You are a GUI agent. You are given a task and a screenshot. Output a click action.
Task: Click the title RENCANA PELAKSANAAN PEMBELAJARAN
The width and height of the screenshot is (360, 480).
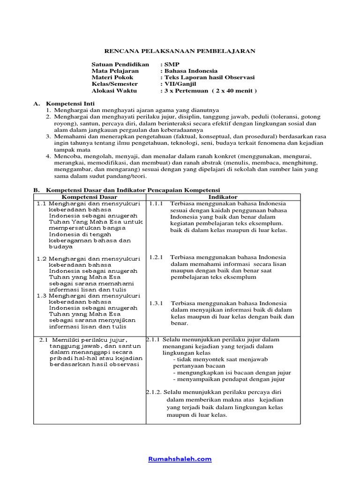180,51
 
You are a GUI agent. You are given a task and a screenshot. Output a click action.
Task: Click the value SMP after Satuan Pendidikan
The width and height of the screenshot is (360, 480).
171,64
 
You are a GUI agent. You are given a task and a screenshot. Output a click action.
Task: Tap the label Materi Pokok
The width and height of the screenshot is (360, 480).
112,77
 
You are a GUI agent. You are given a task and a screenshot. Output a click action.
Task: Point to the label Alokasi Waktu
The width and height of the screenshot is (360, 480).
115,90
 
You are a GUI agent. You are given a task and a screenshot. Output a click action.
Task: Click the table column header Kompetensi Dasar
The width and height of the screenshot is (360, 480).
90,197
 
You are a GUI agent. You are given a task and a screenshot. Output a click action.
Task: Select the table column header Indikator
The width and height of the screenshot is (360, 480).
223,197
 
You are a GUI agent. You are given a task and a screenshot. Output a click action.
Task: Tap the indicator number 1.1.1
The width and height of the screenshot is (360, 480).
156,204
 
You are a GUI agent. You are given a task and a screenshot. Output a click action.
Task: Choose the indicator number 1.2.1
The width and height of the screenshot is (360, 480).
156,257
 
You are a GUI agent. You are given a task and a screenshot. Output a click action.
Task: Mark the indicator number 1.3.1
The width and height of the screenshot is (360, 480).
156,303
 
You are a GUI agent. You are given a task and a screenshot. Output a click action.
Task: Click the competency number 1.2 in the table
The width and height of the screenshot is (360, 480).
42,258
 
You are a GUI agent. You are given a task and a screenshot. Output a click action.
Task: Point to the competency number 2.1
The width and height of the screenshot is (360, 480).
44,339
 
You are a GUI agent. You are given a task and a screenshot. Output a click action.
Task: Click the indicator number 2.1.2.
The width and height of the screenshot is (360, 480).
154,392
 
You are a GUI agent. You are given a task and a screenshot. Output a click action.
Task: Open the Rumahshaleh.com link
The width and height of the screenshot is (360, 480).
180,459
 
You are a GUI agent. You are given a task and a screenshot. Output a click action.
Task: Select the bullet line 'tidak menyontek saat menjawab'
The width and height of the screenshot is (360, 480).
210,359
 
